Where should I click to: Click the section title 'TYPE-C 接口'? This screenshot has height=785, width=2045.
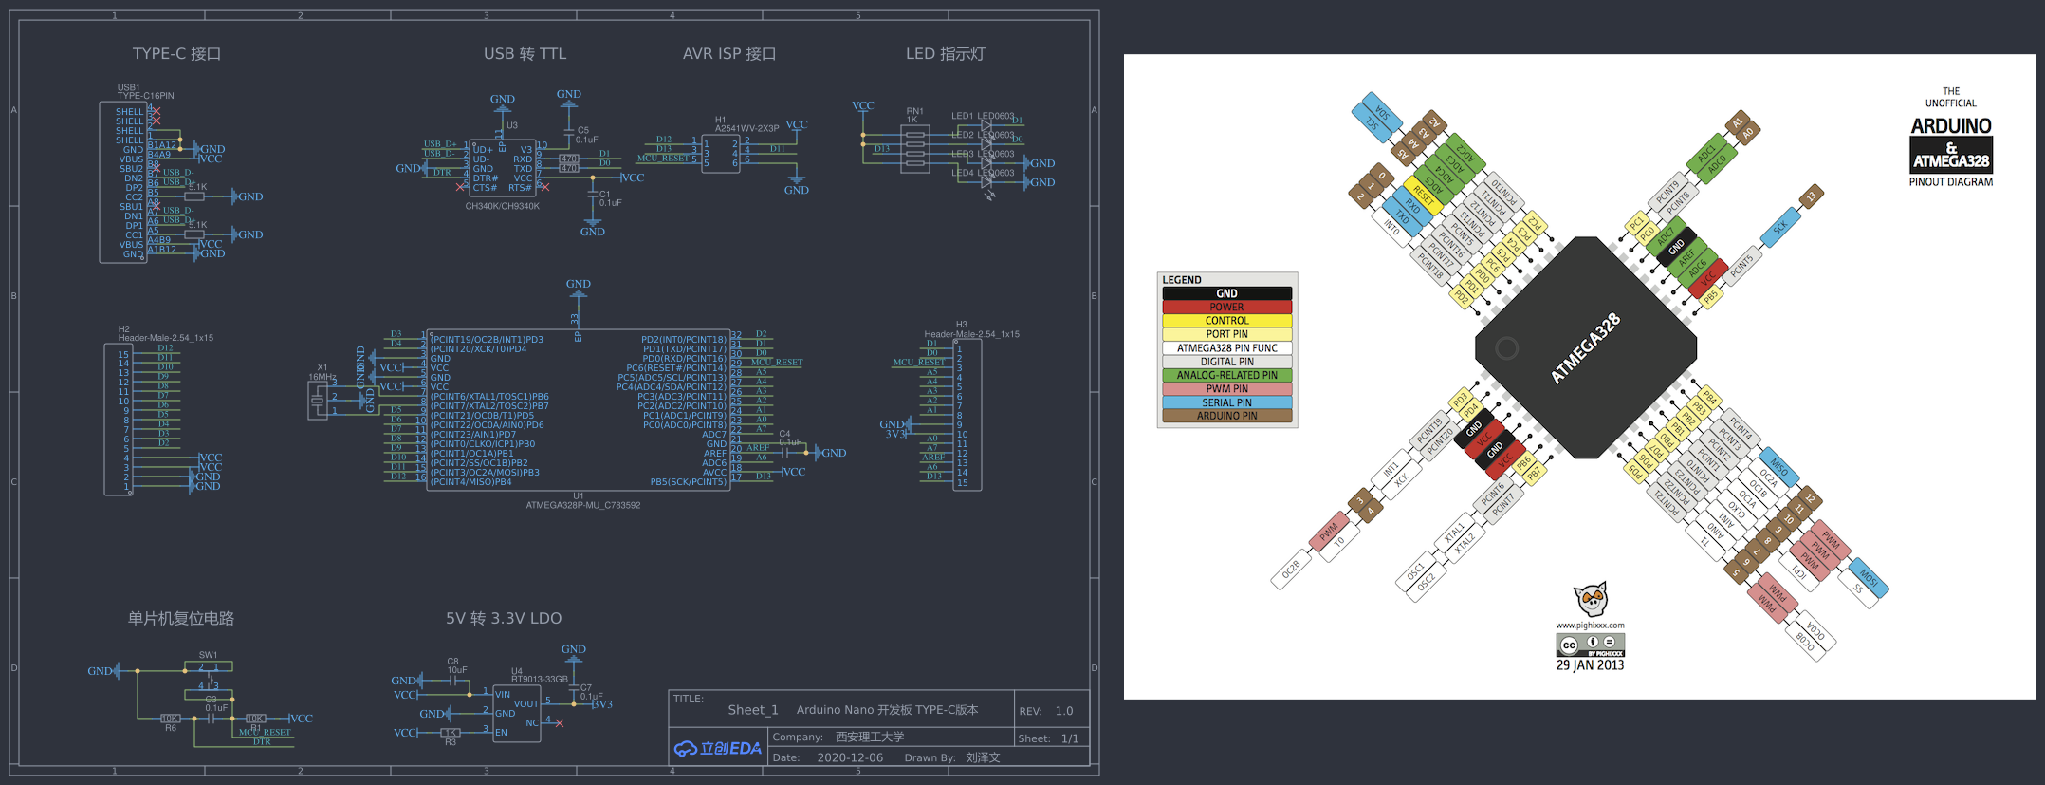(176, 54)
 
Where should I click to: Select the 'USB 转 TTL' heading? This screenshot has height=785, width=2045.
(525, 54)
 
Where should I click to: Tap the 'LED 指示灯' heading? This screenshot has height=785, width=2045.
(945, 54)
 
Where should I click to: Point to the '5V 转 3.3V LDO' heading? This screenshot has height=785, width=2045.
(504, 618)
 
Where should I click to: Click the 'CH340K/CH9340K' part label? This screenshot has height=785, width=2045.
(502, 206)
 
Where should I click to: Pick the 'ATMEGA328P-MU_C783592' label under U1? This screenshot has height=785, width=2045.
(582, 505)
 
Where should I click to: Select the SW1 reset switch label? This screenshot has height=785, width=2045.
(208, 655)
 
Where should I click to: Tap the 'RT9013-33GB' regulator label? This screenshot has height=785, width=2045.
(540, 679)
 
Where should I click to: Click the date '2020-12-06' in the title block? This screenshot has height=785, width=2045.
(850, 757)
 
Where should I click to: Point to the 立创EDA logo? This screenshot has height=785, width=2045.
(718, 748)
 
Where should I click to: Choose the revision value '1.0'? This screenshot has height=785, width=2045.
(1064, 711)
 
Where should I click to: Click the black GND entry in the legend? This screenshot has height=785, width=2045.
(1226, 293)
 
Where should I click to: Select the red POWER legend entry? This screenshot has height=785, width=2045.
(1226, 307)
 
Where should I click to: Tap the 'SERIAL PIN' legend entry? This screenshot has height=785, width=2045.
(1226, 402)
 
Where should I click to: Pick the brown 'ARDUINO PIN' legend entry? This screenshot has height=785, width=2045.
(1226, 416)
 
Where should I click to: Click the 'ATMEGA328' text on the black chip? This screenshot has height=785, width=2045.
(1585, 348)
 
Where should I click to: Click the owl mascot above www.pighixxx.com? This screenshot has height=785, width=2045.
(1591, 599)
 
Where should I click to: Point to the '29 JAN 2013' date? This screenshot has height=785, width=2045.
(1590, 665)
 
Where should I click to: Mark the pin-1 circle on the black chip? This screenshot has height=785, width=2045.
(1506, 348)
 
